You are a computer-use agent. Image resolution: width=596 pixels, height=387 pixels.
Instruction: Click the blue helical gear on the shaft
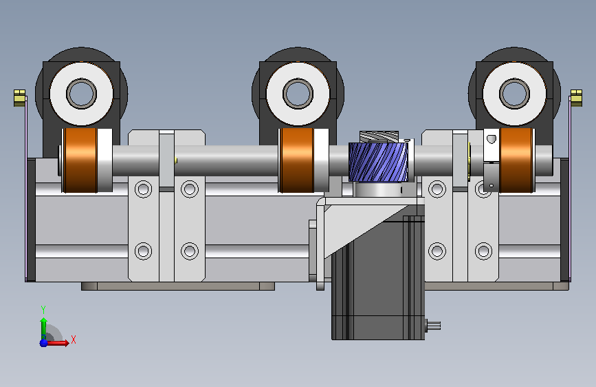point(378,163)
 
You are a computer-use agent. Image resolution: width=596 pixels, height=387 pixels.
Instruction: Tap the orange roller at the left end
point(80,160)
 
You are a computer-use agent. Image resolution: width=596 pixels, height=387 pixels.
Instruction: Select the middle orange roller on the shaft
point(296,160)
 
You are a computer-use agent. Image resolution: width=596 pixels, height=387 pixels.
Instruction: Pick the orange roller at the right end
point(516,160)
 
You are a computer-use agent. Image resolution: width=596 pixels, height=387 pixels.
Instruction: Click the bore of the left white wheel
point(81,94)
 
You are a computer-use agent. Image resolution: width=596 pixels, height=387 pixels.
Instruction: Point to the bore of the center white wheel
point(298,94)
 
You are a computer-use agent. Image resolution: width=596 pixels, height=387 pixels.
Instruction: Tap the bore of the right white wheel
point(514,94)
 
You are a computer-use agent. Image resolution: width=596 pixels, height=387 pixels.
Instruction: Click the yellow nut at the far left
point(19,98)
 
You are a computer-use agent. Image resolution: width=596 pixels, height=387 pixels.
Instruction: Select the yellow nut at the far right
point(576,98)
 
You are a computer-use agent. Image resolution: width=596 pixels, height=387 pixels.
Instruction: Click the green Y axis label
point(43,310)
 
